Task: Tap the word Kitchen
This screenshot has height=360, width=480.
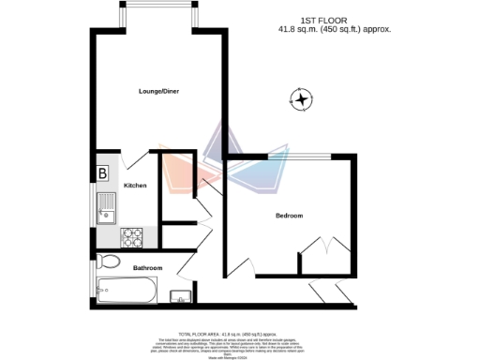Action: (x=135, y=186)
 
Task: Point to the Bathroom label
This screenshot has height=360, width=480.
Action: (x=147, y=268)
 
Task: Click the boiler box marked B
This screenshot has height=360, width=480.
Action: (x=102, y=172)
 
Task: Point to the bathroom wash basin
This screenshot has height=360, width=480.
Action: (x=180, y=297)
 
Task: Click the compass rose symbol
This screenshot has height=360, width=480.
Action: (x=302, y=99)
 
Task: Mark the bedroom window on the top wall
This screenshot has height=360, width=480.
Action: (x=299, y=155)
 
